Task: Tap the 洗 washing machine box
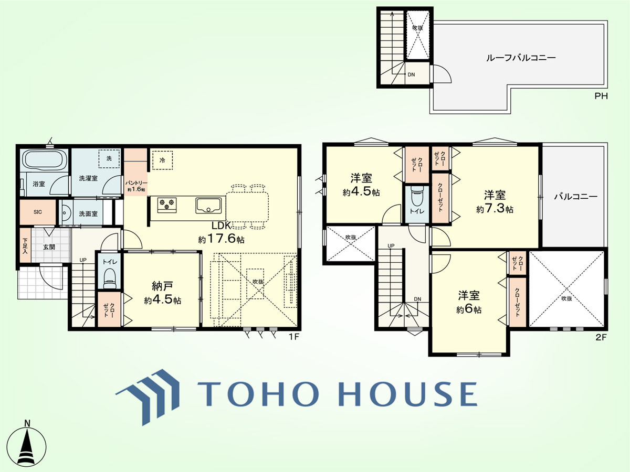109,158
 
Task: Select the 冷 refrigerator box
162,160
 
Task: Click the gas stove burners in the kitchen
167,205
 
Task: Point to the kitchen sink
208,206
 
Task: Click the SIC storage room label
38,212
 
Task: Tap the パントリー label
136,183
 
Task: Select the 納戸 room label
162,286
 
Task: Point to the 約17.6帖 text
221,239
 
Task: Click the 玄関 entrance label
49,246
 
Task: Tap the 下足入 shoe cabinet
25,245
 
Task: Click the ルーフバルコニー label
521,58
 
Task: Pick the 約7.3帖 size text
495,209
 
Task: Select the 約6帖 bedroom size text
469,310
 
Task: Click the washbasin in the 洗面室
66,212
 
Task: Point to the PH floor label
601,96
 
